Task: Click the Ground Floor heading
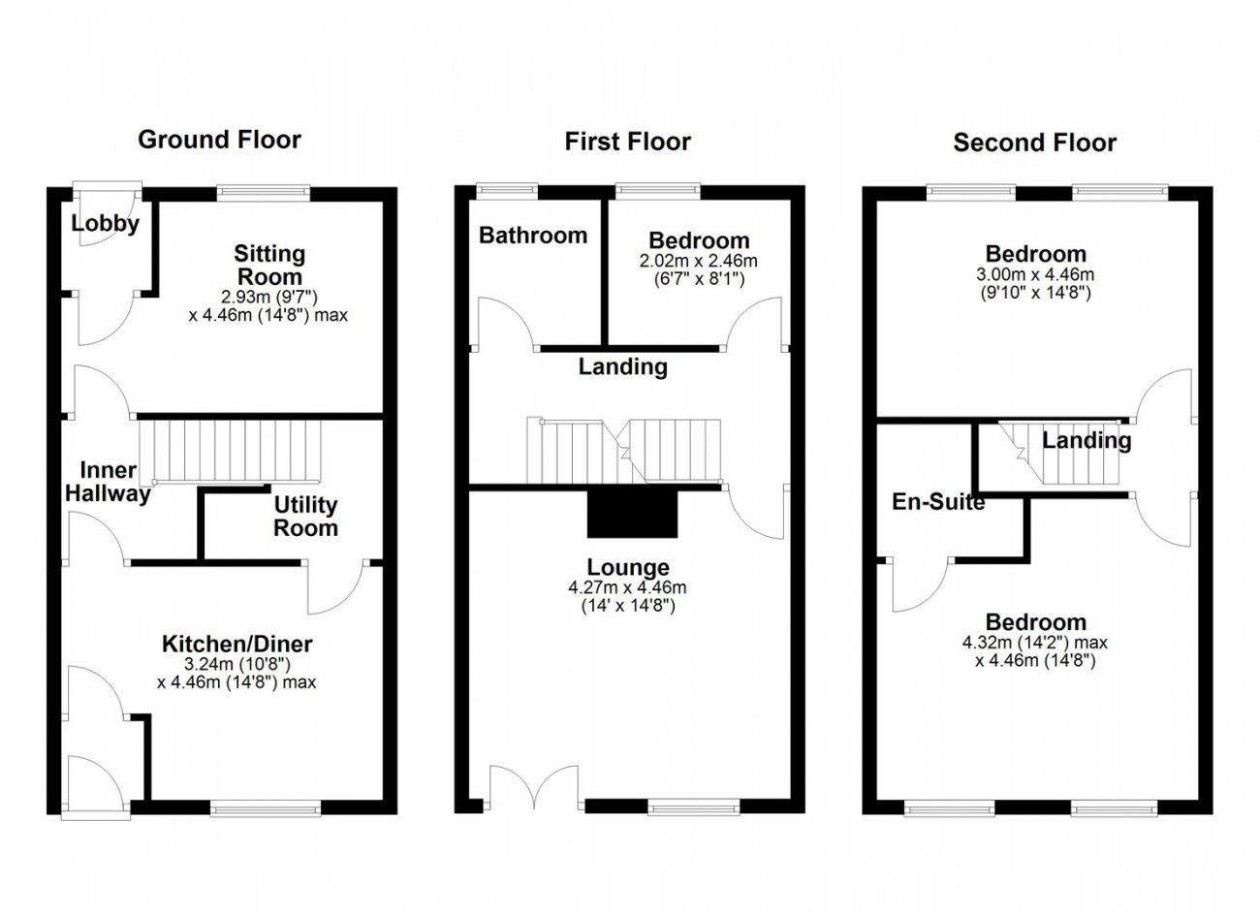219,140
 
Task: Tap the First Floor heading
628,142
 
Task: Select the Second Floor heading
1034,142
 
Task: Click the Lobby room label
106,224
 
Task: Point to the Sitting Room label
269,265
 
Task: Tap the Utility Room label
305,517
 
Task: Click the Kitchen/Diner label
236,644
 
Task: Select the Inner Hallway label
108,482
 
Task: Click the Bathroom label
533,236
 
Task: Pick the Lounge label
628,568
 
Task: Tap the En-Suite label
938,501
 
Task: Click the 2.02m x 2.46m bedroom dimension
698,261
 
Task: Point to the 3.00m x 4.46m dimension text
1035,275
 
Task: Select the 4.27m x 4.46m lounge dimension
627,588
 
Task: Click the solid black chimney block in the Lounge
632,513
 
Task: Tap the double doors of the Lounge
534,788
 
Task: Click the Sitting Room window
264,193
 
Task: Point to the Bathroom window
507,191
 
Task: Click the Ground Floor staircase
230,453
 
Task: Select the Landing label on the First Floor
623,366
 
